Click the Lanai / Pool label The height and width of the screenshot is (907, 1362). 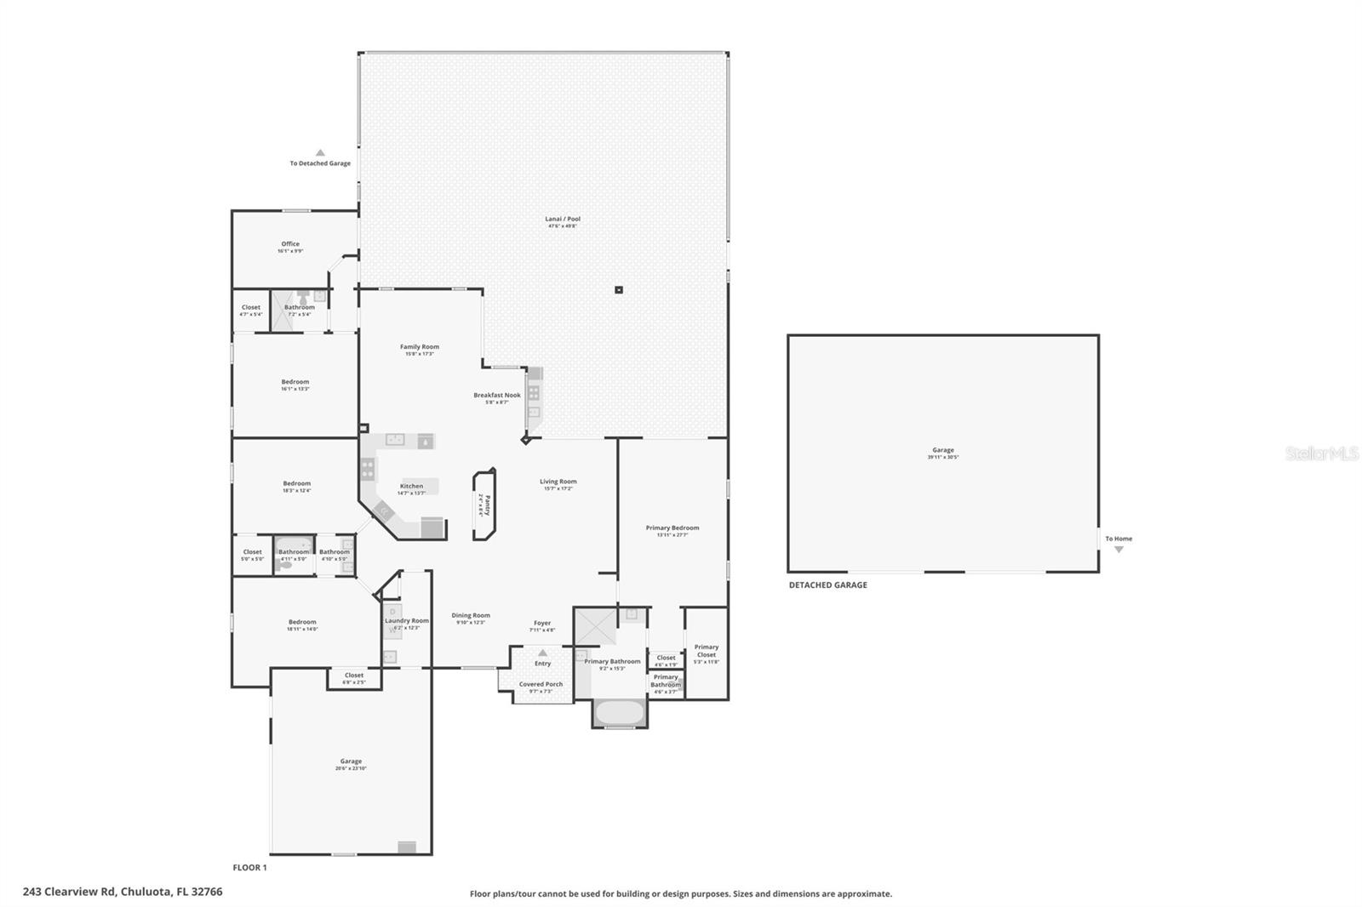(563, 220)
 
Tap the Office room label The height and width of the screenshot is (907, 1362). (290, 244)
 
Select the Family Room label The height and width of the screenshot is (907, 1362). (420, 347)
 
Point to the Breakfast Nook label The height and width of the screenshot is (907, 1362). (497, 396)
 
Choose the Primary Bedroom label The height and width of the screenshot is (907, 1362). (672, 528)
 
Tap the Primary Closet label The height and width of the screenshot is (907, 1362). (707, 651)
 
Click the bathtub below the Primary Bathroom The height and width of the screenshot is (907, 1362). (619, 713)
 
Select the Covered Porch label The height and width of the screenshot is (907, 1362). (541, 685)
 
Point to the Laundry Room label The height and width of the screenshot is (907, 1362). (407, 621)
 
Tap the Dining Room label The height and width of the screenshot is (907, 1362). (471, 616)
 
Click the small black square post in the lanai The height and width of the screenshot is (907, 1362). (619, 290)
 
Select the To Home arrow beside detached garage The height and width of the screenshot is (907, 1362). (1119, 550)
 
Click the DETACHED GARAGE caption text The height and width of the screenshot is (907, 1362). (827, 585)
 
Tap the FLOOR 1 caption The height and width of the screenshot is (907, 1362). (249, 868)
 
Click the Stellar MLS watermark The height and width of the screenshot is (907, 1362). (1321, 454)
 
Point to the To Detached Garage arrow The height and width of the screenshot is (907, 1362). (320, 153)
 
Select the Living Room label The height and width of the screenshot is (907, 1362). (558, 482)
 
